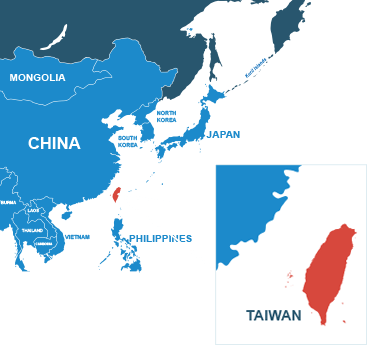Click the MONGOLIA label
(37, 77)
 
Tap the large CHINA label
(54, 143)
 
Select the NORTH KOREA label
(166, 116)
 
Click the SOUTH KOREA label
(128, 141)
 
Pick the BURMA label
(9, 202)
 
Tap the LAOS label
(34, 210)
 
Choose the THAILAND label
(32, 230)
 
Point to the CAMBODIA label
(44, 243)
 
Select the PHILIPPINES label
(160, 238)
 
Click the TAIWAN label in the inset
(273, 315)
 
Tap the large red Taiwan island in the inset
(330, 270)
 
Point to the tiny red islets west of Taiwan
(290, 274)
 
